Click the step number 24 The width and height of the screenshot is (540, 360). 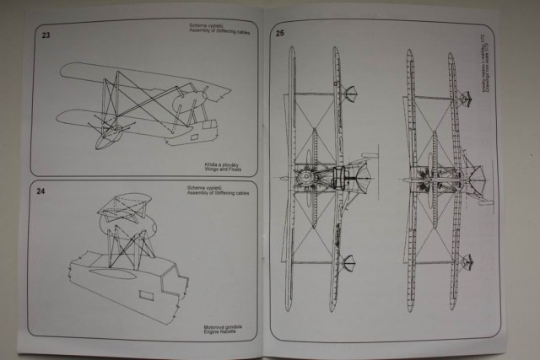(x=40, y=191)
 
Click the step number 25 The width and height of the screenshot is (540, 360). (x=279, y=35)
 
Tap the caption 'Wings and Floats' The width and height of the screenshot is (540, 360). (x=222, y=168)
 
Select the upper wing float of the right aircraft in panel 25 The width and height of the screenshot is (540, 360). (x=463, y=99)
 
